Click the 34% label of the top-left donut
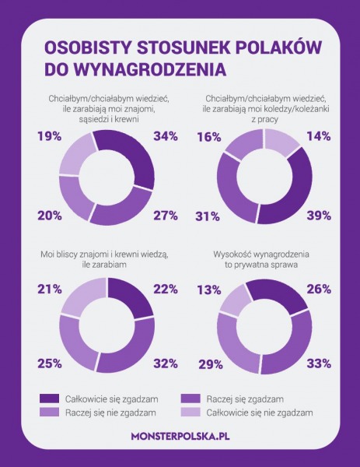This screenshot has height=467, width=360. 166,136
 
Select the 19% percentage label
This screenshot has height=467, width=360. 50,136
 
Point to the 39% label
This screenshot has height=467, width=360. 319,216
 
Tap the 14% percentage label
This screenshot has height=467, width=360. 319,136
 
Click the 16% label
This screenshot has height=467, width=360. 209,137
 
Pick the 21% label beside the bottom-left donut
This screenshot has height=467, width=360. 50,290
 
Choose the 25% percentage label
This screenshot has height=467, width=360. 50,363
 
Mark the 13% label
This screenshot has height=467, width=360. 209,290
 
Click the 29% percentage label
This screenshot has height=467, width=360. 211,364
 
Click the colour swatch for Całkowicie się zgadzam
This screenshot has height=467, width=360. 50,399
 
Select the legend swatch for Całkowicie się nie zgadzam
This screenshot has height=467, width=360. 190,413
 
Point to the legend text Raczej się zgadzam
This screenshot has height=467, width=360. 245,399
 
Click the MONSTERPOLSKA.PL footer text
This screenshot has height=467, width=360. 180,437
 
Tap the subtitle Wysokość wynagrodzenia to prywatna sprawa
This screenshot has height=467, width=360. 261,259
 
